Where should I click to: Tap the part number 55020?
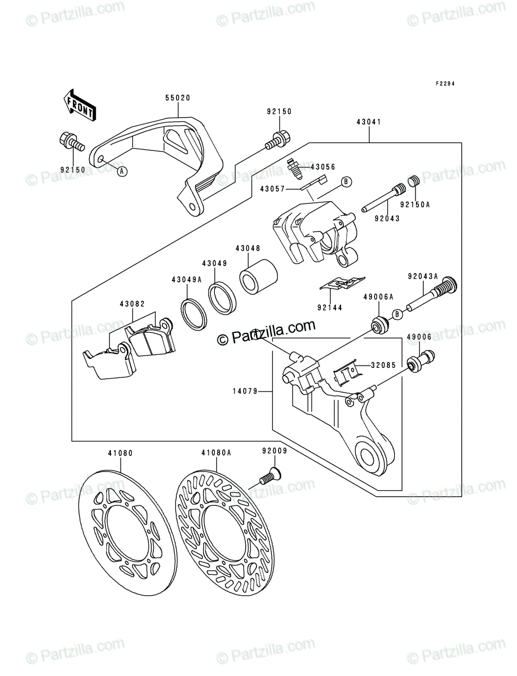[178, 98]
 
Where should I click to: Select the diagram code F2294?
[445, 83]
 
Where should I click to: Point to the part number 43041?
[369, 122]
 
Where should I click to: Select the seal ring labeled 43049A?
[193, 314]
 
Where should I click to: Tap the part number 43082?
[132, 304]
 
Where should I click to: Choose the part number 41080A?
[216, 453]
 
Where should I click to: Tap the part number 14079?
[245, 392]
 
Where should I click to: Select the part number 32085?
[383, 365]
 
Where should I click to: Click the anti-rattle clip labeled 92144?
[342, 283]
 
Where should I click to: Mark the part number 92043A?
[423, 277]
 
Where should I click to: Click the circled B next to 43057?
[346, 182]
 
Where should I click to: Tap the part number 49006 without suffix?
[419, 337]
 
